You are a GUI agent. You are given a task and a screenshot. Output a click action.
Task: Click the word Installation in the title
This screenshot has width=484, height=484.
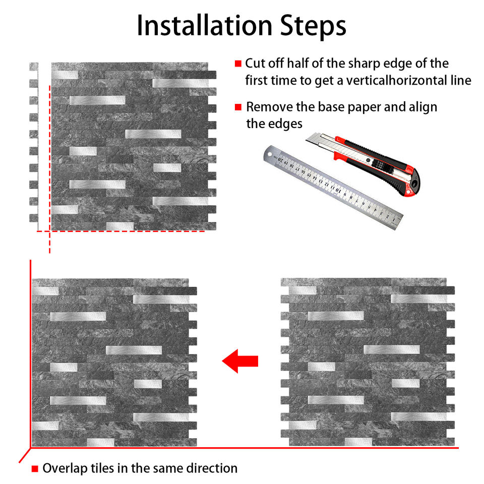tap(204, 25)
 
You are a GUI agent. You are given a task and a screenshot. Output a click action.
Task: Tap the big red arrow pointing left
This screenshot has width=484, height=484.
tap(240, 361)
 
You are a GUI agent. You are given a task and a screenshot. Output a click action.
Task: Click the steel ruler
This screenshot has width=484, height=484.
tap(333, 187)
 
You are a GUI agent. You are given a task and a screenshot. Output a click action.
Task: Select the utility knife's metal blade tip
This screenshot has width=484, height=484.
tap(309, 139)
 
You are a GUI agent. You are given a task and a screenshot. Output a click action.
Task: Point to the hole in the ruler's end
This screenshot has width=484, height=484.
tap(270, 154)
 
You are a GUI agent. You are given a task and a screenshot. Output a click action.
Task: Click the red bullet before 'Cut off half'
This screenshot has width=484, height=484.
tap(238, 64)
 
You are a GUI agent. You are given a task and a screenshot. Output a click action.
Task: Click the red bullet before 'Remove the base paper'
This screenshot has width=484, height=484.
tap(238, 107)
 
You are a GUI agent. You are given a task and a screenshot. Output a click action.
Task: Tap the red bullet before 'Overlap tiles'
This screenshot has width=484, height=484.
tap(35, 469)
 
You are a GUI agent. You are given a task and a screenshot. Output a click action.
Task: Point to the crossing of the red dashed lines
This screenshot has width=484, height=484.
tap(50, 231)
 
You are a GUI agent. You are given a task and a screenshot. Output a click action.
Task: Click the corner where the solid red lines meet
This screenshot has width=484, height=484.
tap(31, 448)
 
